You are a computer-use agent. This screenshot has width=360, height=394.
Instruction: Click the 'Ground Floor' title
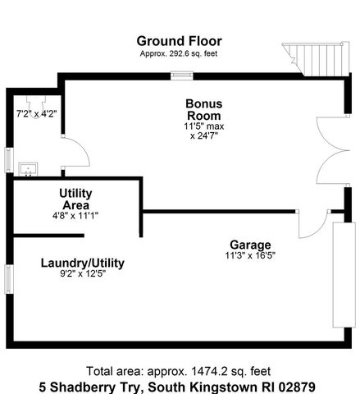click(179, 41)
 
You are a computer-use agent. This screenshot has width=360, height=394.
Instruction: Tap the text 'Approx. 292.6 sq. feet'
click(179, 53)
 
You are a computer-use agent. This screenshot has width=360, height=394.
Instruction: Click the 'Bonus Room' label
click(203, 110)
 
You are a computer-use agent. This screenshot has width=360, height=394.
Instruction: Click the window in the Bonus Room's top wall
click(180, 76)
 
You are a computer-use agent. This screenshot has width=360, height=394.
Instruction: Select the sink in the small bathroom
click(30, 169)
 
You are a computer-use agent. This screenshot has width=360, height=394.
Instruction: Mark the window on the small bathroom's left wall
click(9, 159)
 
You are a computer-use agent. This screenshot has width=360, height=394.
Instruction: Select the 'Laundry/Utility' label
click(82, 263)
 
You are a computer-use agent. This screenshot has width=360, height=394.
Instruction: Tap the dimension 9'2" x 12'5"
click(82, 274)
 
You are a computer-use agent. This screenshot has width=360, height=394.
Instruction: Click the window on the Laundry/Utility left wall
click(9, 277)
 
